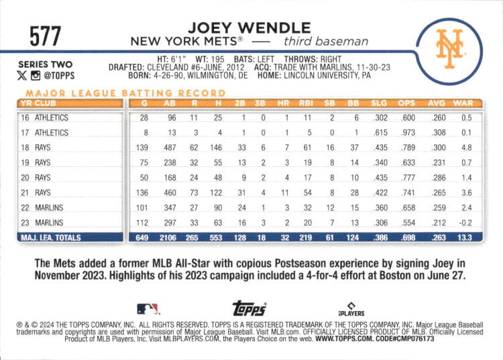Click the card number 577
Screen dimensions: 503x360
[x=45, y=36]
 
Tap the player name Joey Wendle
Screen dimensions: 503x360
[x=249, y=28]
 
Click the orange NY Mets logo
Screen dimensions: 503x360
[x=449, y=48]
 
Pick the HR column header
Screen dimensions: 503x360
[x=283, y=103]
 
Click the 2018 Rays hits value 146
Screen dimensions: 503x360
[x=216, y=147]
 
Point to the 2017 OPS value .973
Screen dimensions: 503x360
[x=408, y=132]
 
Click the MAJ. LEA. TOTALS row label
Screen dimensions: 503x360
[x=51, y=238]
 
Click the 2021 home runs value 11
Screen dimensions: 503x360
[x=284, y=192]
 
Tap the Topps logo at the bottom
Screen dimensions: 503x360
[x=249, y=308]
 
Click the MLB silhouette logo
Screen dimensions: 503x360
[x=148, y=309]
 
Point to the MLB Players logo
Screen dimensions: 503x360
[x=351, y=309]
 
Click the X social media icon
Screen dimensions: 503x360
[x=22, y=76]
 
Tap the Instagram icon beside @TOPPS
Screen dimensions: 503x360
[x=36, y=76]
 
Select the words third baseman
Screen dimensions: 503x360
[x=326, y=42]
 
